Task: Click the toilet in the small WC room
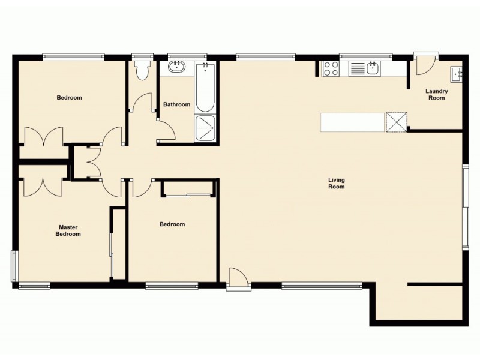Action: (x=143, y=70)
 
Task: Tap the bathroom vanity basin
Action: (x=176, y=67)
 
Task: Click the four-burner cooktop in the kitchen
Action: (x=331, y=68)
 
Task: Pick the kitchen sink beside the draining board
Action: (x=372, y=68)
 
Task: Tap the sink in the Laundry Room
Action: (x=456, y=74)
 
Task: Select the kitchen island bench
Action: (x=352, y=122)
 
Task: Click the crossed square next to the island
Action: (x=396, y=122)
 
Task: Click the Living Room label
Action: (x=336, y=183)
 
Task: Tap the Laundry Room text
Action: (x=436, y=94)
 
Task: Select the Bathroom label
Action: (x=176, y=104)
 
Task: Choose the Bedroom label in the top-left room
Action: (x=69, y=97)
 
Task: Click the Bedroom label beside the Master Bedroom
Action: (x=172, y=224)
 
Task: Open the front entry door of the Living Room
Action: (x=237, y=278)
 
